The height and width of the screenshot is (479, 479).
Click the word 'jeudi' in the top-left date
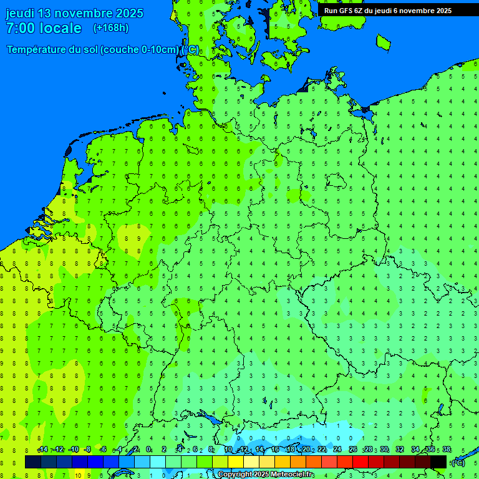20,13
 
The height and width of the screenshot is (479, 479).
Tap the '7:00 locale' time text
44,28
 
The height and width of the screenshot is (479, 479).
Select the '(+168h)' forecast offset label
110,28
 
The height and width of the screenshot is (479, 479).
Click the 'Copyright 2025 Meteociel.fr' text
266,475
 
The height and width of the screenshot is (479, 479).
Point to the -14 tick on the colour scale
42,450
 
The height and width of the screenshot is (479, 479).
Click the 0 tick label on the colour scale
148,450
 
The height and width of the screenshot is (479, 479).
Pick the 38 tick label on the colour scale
447,450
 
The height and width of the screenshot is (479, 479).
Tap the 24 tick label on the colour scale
337,450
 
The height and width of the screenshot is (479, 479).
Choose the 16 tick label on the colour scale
275,450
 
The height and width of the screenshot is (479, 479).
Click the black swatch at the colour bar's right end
438,462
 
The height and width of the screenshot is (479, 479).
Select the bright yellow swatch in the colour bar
235,462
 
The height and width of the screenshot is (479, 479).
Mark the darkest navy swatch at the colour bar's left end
33,462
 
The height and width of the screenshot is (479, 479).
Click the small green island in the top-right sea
383,42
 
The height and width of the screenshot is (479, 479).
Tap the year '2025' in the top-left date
129,13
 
